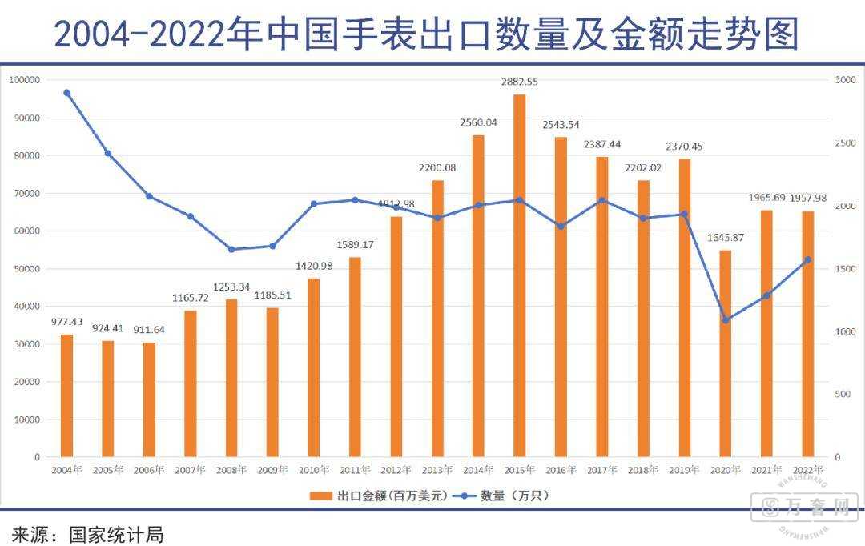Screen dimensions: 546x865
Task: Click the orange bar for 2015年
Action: (x=519, y=275)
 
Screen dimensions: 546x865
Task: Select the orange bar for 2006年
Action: (x=149, y=399)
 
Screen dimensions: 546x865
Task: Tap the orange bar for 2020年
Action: (x=726, y=353)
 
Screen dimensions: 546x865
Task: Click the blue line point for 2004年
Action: (x=66, y=93)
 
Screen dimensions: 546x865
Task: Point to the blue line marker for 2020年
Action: (x=726, y=320)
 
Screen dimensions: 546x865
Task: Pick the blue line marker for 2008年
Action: (x=231, y=249)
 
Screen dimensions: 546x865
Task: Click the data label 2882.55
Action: (x=519, y=82)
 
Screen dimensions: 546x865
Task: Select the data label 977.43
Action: (x=66, y=322)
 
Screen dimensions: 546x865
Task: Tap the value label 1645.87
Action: (x=726, y=238)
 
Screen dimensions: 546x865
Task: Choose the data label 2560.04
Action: (x=478, y=122)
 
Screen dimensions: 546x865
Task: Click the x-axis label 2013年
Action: (x=437, y=470)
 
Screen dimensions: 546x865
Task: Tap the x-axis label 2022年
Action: (x=807, y=470)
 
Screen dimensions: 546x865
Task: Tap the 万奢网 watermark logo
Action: (x=804, y=508)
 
